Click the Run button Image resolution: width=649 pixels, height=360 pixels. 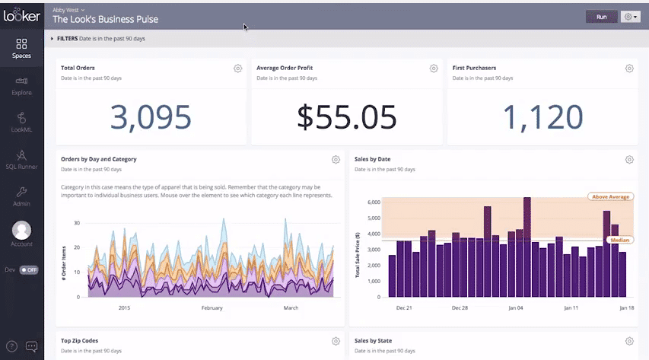point(601,16)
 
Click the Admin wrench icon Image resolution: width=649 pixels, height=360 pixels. point(21,193)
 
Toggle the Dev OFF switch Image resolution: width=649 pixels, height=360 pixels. point(28,269)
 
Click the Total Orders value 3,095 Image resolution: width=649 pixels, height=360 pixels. point(151,116)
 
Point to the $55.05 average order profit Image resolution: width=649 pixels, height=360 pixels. point(347,116)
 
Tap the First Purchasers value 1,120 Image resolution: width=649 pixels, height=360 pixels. point(543,116)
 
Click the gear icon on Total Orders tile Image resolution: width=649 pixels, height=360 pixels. point(237,68)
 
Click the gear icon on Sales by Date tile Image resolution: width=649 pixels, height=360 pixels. point(629,160)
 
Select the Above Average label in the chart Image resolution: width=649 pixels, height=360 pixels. point(609,197)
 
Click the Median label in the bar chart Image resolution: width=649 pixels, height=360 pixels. point(619,240)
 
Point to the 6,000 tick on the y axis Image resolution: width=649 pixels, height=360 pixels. point(371,202)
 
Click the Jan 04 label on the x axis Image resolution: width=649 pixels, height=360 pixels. point(515,308)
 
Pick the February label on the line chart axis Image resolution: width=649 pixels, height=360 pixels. point(212,308)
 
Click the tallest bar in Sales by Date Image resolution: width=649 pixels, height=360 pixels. point(527,247)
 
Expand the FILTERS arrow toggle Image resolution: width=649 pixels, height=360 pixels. point(52,38)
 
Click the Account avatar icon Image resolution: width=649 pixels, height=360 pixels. point(22,230)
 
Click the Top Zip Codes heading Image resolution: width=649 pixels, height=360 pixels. point(79,341)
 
